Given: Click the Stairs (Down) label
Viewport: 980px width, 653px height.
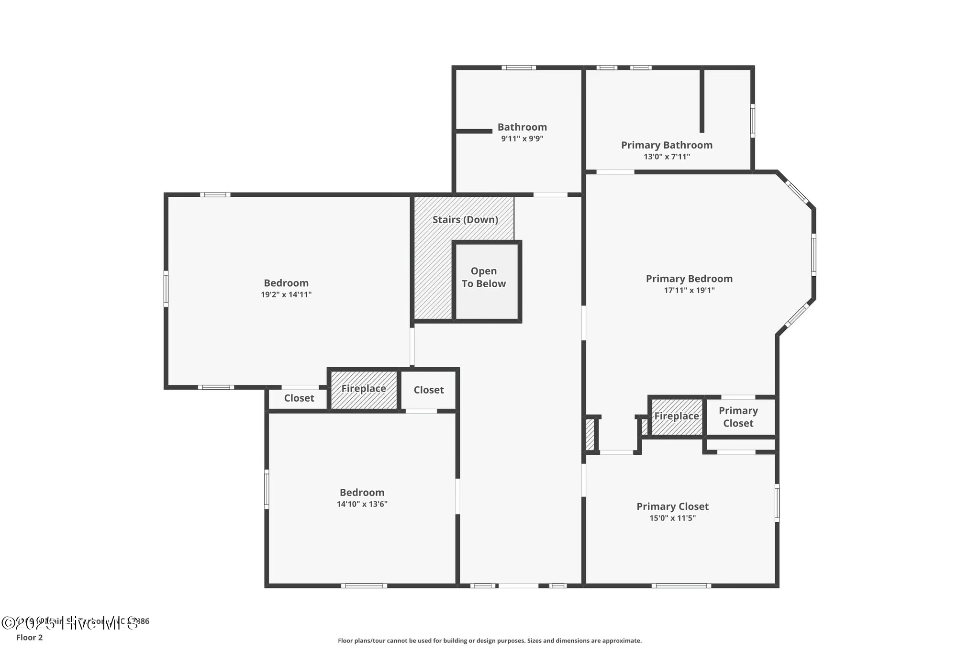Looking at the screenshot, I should click(x=465, y=220).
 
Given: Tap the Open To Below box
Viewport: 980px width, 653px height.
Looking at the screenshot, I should click(x=484, y=278).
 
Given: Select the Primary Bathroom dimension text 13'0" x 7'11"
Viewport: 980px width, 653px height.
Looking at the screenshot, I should click(x=667, y=157).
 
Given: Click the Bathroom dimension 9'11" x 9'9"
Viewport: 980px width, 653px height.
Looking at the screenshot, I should click(x=522, y=139).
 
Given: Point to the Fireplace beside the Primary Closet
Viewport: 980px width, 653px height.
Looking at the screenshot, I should click(x=677, y=417).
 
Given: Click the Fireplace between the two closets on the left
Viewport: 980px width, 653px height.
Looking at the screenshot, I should click(x=364, y=389).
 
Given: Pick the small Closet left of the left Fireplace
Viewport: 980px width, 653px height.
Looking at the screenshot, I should click(x=299, y=398).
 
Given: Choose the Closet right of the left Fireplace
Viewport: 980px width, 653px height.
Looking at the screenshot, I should click(x=429, y=390).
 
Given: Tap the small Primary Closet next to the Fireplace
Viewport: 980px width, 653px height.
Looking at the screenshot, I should click(x=738, y=417).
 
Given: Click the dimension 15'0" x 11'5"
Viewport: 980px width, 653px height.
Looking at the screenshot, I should click(x=672, y=518).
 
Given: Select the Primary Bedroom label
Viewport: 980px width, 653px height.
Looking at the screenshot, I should click(x=689, y=279).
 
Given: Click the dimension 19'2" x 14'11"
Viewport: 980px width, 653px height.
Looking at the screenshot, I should click(x=286, y=295).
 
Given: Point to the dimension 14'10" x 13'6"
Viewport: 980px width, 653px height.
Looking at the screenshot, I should click(x=362, y=504).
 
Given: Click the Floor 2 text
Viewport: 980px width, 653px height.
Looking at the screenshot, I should click(x=30, y=637).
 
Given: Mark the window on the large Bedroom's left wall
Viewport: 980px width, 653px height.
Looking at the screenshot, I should click(x=166, y=288).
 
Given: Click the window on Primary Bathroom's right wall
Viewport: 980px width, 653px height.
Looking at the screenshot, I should click(x=752, y=121).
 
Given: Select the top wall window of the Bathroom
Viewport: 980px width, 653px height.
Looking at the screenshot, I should click(x=519, y=68).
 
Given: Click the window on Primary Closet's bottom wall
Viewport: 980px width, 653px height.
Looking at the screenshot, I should click(x=681, y=585).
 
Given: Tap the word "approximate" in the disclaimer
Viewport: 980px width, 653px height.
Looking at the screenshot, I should click(x=621, y=641).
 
